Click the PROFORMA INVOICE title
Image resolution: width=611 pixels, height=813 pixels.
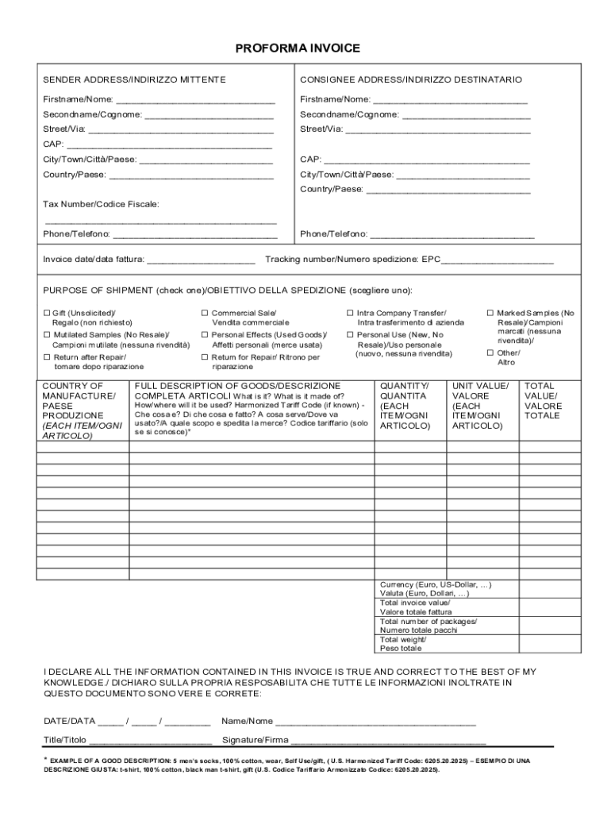tap(298, 49)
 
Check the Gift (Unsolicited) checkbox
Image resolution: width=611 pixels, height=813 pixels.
tap(47, 314)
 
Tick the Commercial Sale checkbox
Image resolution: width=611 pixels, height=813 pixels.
tap(204, 314)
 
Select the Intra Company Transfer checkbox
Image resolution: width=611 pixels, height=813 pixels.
tap(350, 314)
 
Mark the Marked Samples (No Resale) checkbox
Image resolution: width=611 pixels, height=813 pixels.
tap(490, 314)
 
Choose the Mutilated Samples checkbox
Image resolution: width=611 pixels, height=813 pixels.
tap(47, 336)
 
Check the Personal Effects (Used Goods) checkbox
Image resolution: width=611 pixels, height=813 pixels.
tap(204, 336)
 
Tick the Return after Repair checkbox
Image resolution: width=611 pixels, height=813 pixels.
tap(47, 358)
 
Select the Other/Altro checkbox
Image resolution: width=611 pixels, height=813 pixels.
tap(490, 353)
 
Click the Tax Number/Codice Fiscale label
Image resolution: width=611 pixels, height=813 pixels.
tap(101, 205)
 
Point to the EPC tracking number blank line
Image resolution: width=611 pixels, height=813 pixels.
tap(498, 261)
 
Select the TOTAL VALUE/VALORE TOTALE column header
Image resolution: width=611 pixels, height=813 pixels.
tap(543, 401)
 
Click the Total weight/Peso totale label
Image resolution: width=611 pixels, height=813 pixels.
tap(402, 644)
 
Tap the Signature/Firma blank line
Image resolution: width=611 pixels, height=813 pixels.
tap(388, 742)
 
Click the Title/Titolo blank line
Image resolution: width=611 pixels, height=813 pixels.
tap(150, 742)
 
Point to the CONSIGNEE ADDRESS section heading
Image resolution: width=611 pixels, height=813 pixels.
tap(411, 80)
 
